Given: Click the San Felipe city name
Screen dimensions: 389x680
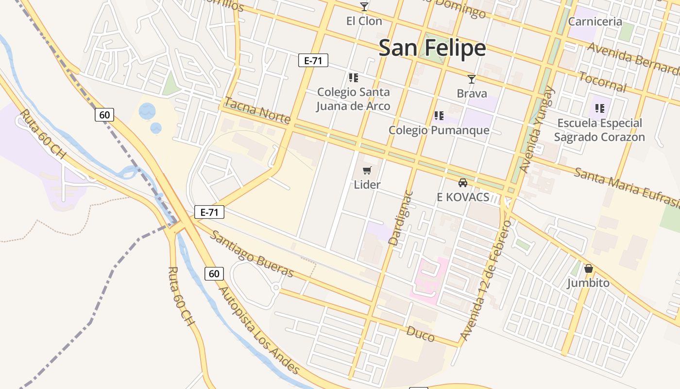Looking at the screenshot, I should [432, 48].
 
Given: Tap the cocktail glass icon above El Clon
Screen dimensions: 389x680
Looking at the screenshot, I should [364, 7].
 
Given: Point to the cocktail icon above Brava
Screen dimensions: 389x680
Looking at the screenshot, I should [471, 79].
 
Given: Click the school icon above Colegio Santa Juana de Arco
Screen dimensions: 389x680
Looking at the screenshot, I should [354, 77].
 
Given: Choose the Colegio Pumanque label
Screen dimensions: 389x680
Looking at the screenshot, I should [439, 130].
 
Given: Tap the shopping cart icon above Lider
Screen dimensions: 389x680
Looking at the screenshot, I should [367, 170].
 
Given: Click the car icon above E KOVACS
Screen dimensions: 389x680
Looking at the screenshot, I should [463, 183].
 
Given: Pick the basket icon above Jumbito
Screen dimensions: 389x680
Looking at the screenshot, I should [589, 268].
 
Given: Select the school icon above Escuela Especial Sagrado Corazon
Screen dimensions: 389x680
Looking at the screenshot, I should [600, 108].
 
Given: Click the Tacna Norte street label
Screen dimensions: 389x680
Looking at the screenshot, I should [257, 110].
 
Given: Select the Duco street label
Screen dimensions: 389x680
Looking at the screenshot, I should [420, 334].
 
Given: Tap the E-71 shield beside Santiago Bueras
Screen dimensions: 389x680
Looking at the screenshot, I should [209, 212].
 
